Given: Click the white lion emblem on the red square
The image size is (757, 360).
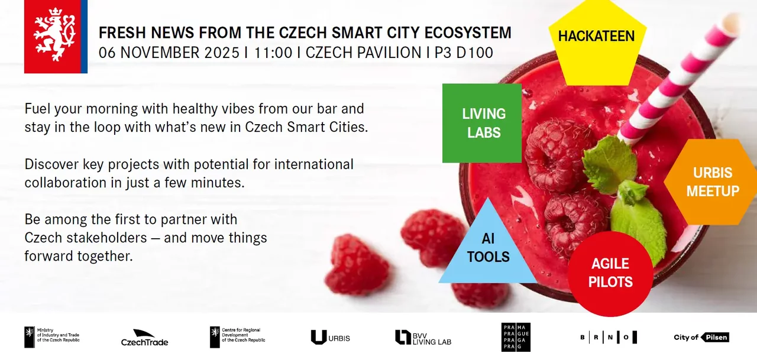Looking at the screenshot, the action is click(54, 35).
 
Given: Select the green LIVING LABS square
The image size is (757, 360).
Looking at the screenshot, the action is click(482, 124).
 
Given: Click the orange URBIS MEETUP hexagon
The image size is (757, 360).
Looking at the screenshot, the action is click(711, 182).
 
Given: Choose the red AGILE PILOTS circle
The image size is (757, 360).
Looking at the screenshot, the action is click(610, 274).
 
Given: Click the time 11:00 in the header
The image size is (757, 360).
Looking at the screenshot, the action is click(273, 53).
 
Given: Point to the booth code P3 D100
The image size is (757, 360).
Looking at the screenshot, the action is click(464, 53).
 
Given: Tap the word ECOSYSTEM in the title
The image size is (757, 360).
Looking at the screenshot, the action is click(468, 33).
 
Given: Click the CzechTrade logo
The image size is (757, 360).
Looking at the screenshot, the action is click(145, 338).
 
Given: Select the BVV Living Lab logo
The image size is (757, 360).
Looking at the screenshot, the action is click(423, 338).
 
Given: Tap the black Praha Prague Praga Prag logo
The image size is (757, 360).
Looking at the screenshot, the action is click(516, 337).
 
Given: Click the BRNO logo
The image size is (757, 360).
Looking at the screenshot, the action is click(609, 337).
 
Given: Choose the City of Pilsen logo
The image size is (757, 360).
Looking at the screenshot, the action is click(701, 337).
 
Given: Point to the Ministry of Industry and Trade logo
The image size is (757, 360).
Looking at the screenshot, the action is click(51, 337).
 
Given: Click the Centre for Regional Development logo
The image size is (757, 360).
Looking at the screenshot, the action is click(238, 337).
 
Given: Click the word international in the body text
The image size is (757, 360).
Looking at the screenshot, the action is click(313, 164).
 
